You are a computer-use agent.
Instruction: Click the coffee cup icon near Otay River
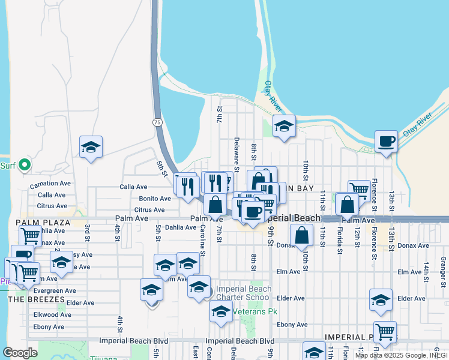[387, 142]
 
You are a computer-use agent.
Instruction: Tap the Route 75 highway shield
[157, 122]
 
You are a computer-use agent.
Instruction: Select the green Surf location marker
[24, 164]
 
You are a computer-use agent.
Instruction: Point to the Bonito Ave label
[155, 199]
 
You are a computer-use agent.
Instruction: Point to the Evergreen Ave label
[55, 290]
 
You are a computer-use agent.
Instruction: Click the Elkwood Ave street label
[52, 314]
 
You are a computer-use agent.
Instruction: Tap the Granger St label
[443, 265]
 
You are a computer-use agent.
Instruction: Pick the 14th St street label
[426, 268]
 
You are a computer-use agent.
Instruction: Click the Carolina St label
[203, 241]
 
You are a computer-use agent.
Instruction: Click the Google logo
[20, 353]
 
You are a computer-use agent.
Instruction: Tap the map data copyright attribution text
[401, 355]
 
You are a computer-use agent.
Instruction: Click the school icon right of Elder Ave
[381, 301]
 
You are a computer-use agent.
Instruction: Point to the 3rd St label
[87, 231]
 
